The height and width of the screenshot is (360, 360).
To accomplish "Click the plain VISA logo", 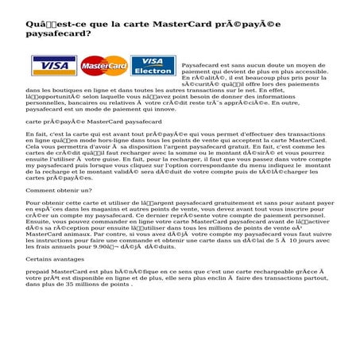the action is click(50, 64).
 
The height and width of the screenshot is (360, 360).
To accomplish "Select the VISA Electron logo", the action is click(153, 65).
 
